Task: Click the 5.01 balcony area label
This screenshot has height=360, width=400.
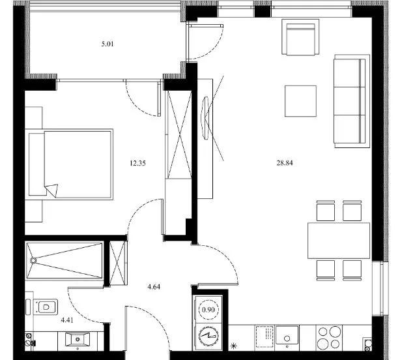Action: coord(107,44)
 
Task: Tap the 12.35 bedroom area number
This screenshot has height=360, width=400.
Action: coord(137,163)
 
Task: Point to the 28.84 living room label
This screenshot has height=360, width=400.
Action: coord(285,162)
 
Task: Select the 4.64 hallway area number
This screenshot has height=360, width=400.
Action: coord(154,287)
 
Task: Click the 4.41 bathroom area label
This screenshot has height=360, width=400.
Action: coord(67,320)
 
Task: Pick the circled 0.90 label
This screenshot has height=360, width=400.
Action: coord(208,310)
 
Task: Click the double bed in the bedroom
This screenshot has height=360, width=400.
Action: coord(69,164)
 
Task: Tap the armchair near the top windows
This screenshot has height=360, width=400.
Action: coord(300,37)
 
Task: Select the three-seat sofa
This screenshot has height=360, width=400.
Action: coord(352,101)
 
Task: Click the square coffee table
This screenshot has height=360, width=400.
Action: coord(300,101)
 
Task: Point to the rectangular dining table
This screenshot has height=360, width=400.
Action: coord(339,241)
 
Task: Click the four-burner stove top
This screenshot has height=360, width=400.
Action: coord(328,338)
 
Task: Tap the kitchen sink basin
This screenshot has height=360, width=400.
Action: coord(287,335)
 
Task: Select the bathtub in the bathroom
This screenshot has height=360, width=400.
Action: coord(64,260)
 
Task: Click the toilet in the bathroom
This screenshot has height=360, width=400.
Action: coord(45,307)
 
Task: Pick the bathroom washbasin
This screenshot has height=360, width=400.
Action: coord(78,339)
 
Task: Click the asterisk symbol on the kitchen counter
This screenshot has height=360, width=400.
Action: coord(233,346)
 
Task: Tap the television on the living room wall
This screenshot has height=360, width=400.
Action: coord(205,118)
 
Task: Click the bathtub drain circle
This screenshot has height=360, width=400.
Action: coord(33,260)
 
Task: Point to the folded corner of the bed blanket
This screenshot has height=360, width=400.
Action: coord(52,190)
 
